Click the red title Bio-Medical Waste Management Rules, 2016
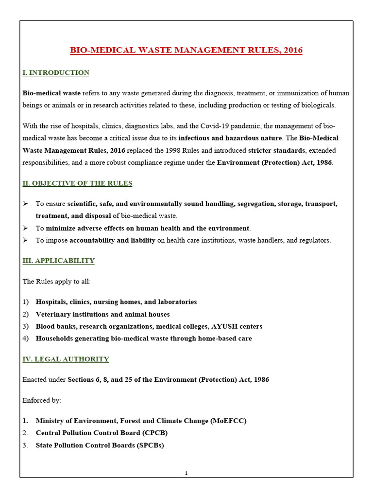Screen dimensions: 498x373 [186, 50]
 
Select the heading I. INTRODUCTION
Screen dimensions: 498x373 [56, 73]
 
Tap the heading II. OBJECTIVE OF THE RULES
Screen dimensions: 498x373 [77, 183]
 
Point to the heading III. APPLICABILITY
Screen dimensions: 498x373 [58, 261]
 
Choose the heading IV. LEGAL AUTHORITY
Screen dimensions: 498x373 [66, 359]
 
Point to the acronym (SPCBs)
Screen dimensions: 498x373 [148, 445]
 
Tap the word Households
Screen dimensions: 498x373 [55, 338]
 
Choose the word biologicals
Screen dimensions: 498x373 [318, 106]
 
